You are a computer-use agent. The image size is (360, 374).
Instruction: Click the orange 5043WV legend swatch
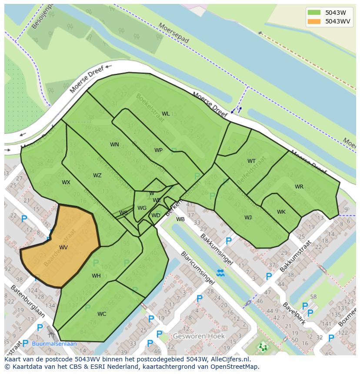point(313,21)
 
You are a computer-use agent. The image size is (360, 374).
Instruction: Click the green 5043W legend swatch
point(313,13)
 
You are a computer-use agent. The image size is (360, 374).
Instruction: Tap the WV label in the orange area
point(63,248)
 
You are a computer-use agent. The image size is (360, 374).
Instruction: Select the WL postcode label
point(166,114)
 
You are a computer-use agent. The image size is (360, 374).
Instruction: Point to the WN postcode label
point(114,145)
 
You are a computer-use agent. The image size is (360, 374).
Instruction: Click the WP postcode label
point(158,150)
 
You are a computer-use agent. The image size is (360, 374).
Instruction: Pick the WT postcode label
point(251,161)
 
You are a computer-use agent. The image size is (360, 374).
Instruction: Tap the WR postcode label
point(299,187)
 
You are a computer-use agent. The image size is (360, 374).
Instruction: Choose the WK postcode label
point(281,212)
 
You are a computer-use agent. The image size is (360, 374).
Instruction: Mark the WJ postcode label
point(248,218)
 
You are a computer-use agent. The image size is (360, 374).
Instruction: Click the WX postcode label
point(66,182)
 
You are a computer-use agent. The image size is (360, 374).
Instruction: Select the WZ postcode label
point(97,175)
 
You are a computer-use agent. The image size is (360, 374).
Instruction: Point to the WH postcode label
point(96,276)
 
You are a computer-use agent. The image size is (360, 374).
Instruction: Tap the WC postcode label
point(102,314)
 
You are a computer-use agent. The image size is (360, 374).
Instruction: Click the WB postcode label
point(180,219)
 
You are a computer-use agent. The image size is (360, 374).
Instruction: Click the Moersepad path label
point(174,33)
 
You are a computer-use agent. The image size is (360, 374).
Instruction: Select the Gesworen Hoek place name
point(199,336)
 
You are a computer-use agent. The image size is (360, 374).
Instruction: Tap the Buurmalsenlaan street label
point(54,344)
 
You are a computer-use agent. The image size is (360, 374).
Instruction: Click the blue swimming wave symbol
point(220,273)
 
